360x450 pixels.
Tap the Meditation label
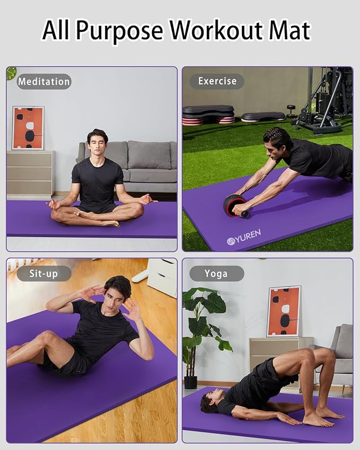(44, 82)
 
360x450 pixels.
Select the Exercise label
(217, 81)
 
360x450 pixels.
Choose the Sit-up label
(44, 273)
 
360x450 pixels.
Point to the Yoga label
(216, 273)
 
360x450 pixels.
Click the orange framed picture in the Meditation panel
(28, 128)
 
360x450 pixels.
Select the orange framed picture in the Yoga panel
(284, 312)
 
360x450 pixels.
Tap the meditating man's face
(97, 144)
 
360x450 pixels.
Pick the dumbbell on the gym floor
(291, 111)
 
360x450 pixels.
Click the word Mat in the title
(289, 31)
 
